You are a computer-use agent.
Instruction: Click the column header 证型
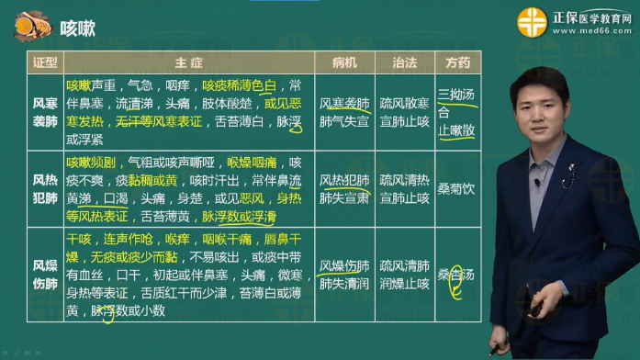point(45,62)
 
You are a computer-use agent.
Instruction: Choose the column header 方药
point(457,62)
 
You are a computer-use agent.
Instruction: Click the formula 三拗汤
point(457,94)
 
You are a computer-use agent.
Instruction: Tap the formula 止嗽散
point(457,129)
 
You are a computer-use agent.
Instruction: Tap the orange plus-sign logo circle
point(532,21)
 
